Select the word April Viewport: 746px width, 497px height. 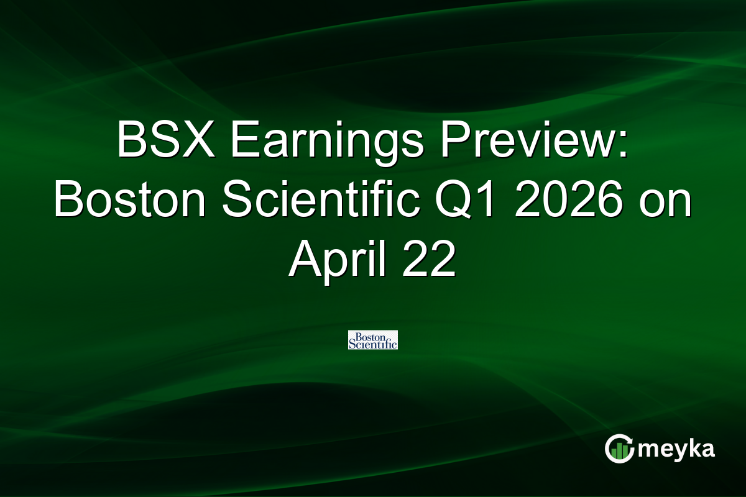coord(339,261)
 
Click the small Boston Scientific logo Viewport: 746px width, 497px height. coord(373,340)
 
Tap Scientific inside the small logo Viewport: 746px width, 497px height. coord(373,344)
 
